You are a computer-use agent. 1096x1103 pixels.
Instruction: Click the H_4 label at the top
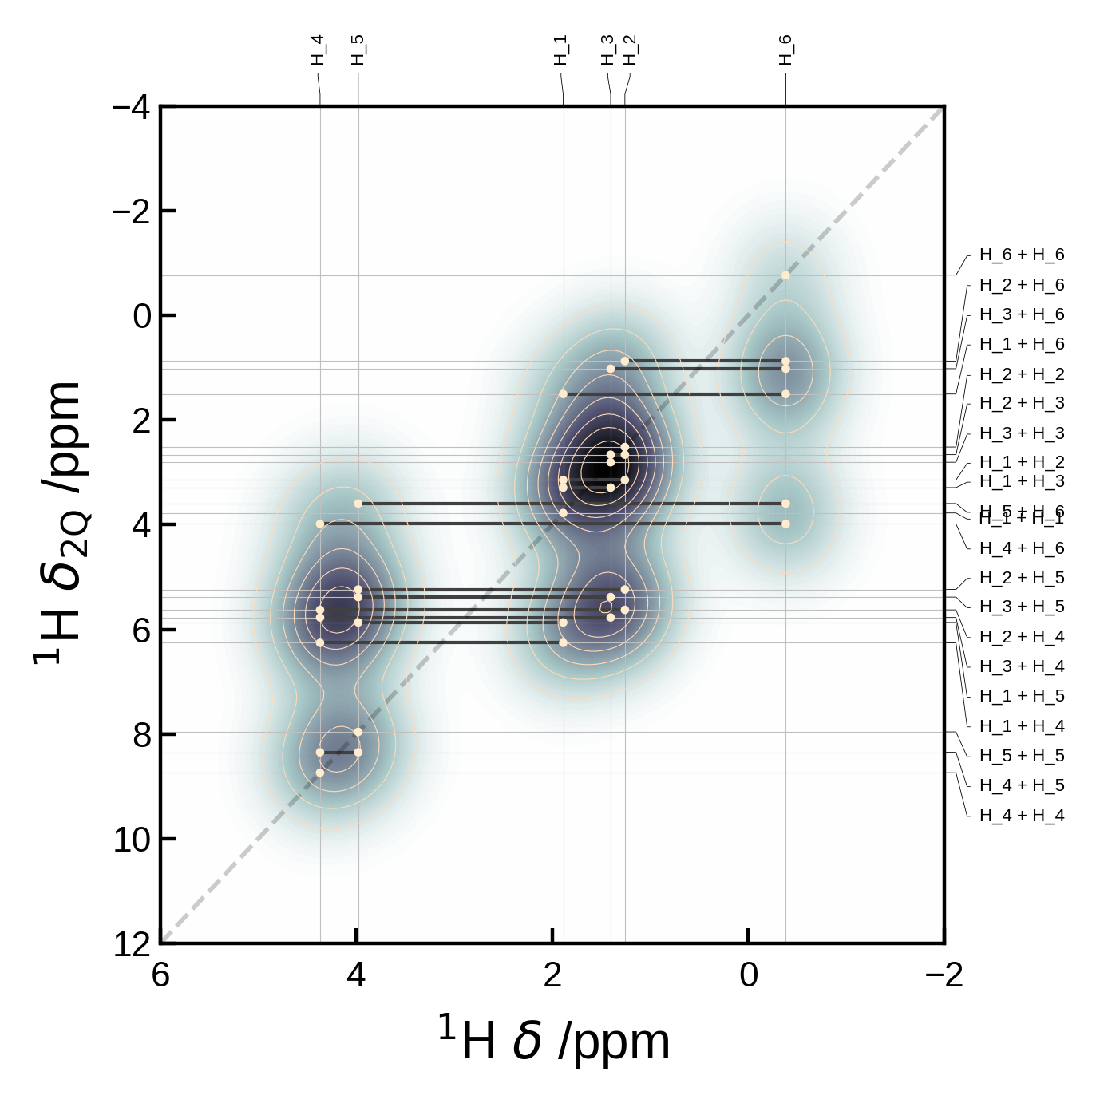[x=319, y=50]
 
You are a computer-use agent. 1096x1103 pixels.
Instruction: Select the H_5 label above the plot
[x=358, y=50]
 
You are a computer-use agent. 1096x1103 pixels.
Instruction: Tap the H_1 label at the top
[x=561, y=50]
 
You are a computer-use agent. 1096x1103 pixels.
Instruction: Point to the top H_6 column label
[x=786, y=50]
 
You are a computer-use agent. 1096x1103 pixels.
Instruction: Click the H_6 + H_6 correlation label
[x=1022, y=255]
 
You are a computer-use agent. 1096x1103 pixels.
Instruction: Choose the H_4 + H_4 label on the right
[x=1022, y=815]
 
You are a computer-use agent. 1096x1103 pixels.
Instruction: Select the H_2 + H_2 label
[x=1022, y=374]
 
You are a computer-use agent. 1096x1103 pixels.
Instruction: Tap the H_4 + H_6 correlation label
[x=1022, y=548]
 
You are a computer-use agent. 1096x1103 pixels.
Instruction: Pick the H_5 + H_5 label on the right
[x=1022, y=755]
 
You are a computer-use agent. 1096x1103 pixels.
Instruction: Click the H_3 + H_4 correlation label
[x=1022, y=666]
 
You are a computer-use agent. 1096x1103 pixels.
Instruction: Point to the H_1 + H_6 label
[x=1022, y=344]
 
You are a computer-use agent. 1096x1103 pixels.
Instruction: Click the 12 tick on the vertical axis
[x=132, y=944]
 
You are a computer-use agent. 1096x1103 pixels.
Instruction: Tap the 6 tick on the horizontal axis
[x=160, y=975]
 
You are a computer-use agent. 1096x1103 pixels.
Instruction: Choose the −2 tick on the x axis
[x=944, y=975]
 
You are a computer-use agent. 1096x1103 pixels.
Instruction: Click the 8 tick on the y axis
[x=141, y=735]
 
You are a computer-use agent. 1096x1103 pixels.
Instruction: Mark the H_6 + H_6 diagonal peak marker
[x=785, y=275]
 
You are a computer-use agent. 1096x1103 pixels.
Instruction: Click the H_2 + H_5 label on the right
[x=1022, y=577]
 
